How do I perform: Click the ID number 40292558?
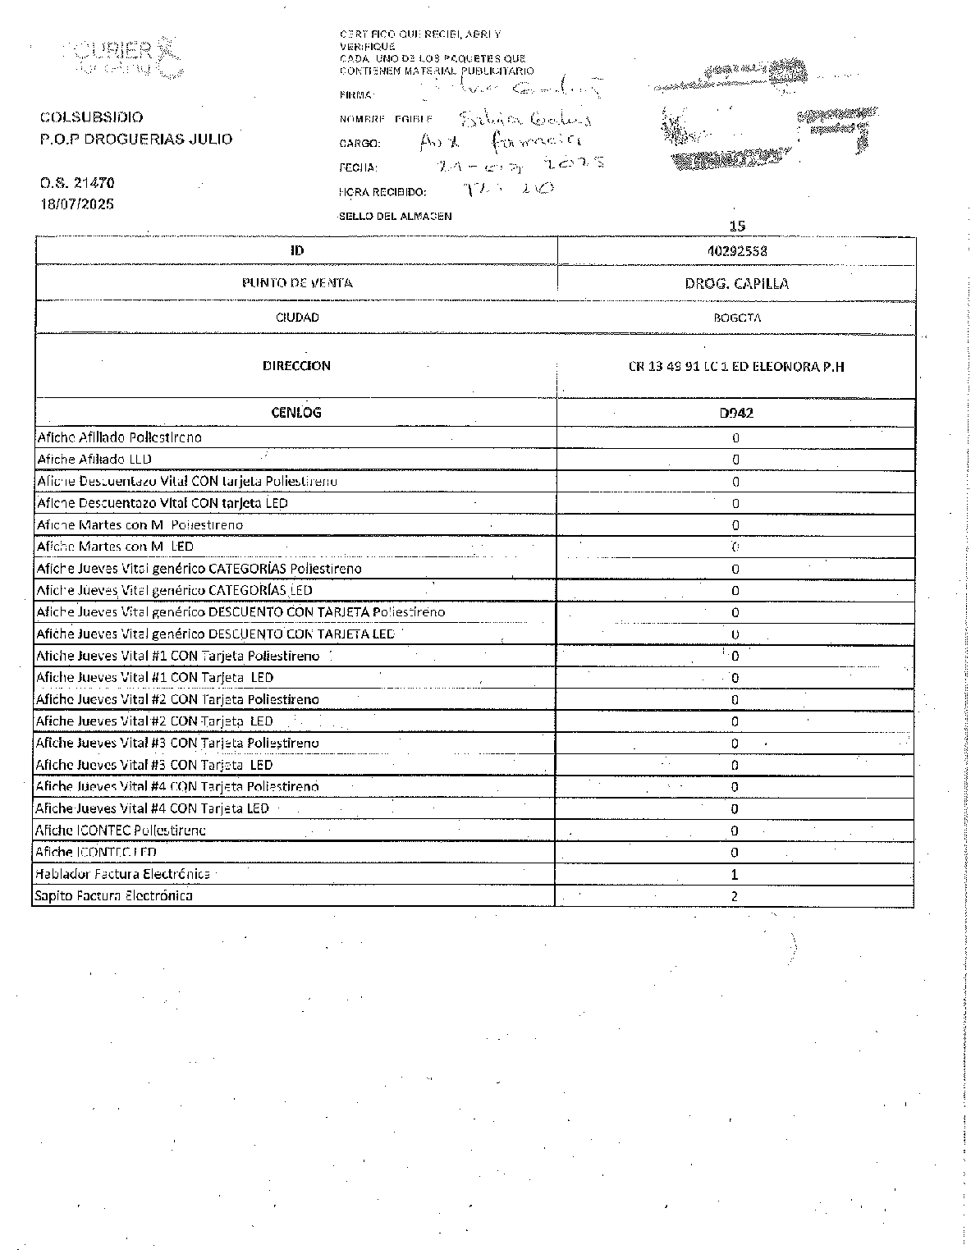[x=736, y=251]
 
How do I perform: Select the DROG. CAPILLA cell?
[x=736, y=284]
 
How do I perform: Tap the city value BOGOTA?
[x=736, y=318]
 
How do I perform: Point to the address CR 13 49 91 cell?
[x=735, y=367]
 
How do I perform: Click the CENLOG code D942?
[x=735, y=413]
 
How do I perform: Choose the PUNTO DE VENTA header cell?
[x=296, y=283]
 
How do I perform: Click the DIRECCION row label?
[x=296, y=366]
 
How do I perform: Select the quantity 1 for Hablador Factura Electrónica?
[x=735, y=875]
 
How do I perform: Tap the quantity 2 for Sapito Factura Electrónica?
[x=735, y=896]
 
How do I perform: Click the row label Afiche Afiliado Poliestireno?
[x=120, y=437]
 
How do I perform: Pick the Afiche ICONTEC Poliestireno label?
[x=121, y=831]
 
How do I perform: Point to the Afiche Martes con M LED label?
[x=116, y=547]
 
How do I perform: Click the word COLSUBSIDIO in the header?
[x=91, y=117]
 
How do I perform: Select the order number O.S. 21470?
[x=77, y=183]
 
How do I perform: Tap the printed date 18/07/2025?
[x=77, y=204]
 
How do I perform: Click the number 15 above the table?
[x=737, y=226]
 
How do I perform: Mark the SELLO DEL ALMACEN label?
[x=395, y=217]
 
